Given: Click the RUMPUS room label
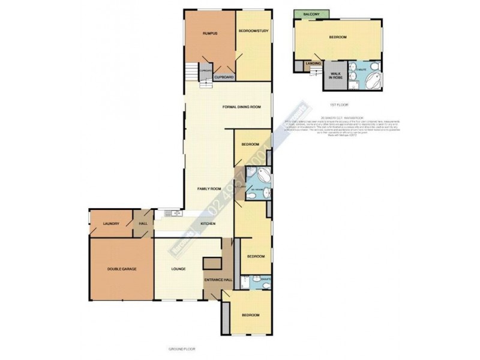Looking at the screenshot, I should (209, 34).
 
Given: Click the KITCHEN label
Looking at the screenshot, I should (208, 224).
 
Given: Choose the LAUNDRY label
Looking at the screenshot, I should (112, 224).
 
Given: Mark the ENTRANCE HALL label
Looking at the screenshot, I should (214, 280).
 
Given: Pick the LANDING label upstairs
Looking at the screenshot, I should (313, 62).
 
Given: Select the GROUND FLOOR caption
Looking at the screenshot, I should (182, 349).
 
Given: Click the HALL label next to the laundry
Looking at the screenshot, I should (143, 224).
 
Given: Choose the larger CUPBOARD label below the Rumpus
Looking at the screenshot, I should (223, 77).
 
